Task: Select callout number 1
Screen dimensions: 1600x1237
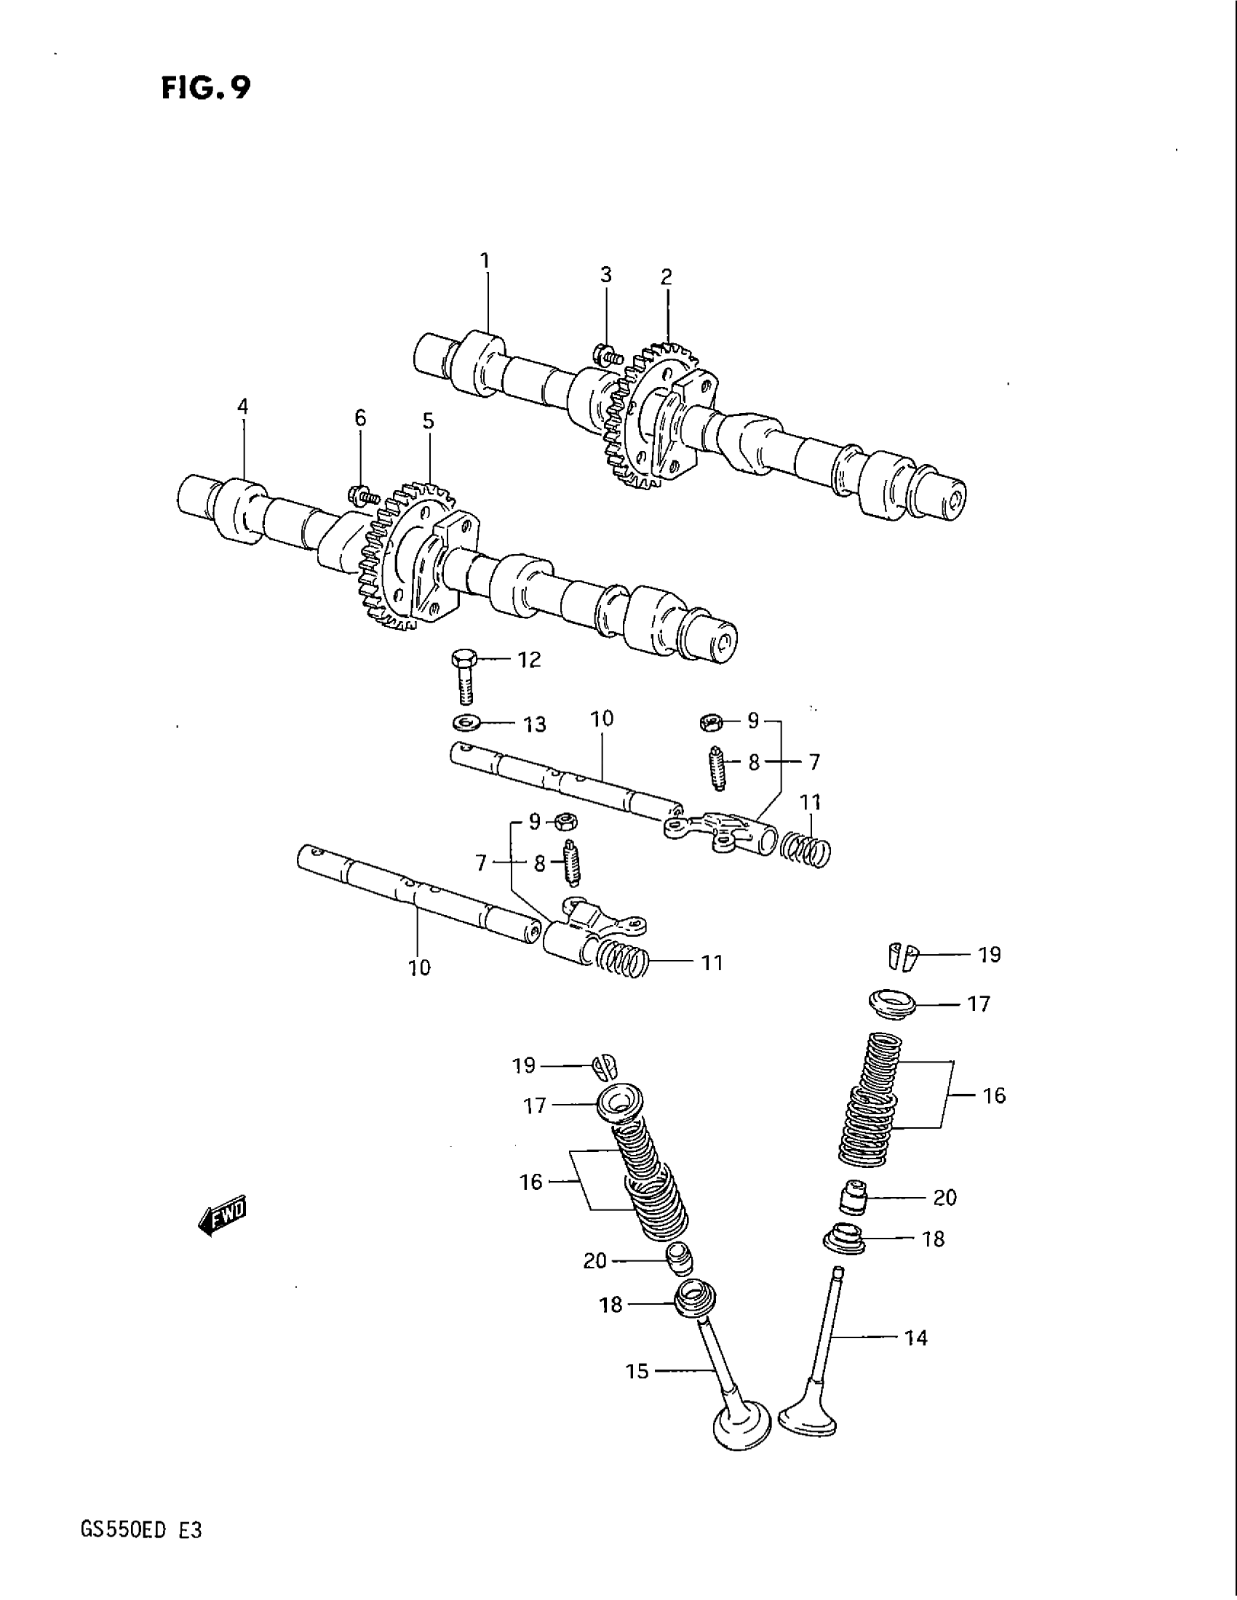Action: (485, 260)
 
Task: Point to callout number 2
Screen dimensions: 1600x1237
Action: (665, 277)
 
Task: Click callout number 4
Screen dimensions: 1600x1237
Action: (242, 407)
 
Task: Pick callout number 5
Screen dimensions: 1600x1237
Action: (428, 421)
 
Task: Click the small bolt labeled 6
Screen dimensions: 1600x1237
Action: (363, 496)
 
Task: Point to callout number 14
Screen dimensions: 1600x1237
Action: (916, 1338)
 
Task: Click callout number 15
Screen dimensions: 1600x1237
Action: (637, 1371)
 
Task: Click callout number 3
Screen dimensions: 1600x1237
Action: (606, 275)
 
